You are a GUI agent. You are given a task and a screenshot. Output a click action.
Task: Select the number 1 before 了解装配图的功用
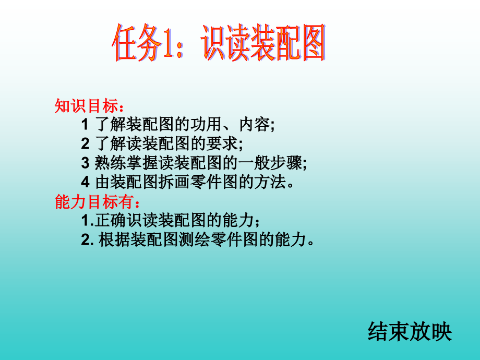click(x=85, y=125)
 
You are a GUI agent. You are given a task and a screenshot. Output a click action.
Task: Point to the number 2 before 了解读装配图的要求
click(x=85, y=145)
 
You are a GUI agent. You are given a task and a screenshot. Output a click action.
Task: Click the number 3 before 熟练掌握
click(x=85, y=164)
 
